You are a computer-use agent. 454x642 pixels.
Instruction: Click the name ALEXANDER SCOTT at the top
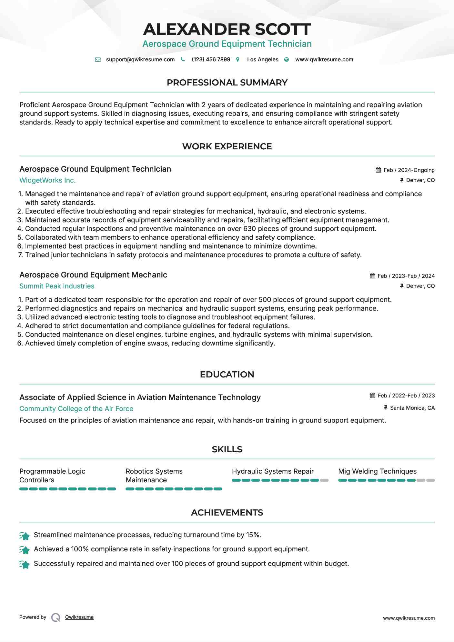point(227,29)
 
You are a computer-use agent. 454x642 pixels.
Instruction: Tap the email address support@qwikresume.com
point(140,59)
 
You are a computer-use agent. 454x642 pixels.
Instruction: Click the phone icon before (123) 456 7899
point(183,59)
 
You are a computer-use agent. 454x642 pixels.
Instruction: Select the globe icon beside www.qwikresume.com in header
point(287,59)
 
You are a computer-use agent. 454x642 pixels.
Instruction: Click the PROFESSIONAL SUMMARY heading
point(227,83)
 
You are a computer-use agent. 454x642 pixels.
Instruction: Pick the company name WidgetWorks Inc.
point(47,180)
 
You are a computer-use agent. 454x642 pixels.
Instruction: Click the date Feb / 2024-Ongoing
point(409,170)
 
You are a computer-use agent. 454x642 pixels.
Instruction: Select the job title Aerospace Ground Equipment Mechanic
point(93,275)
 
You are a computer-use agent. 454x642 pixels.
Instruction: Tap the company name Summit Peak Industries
point(57,286)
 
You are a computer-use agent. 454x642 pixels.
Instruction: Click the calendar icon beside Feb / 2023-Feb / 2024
point(372,276)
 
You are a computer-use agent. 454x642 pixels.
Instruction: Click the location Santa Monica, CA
point(412,408)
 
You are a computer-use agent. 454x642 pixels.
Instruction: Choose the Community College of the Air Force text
point(76,409)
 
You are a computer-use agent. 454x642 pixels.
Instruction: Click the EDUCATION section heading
point(227,375)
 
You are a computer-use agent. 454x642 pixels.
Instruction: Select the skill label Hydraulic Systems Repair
point(273,471)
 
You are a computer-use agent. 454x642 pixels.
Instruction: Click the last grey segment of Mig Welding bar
point(430,480)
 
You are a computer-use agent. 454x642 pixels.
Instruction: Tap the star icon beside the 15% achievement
point(25,536)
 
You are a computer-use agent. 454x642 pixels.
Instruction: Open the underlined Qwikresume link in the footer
point(79,617)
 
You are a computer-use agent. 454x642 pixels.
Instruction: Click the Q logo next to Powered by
point(56,617)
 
